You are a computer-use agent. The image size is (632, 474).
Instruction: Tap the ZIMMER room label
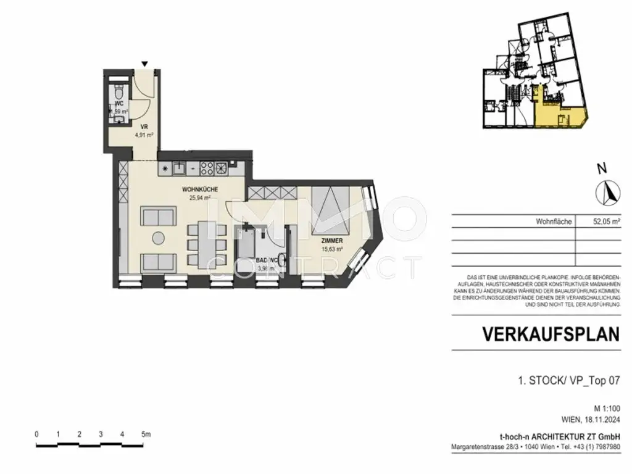(x=332, y=240)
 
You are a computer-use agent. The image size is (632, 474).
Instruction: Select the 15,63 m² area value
(x=332, y=249)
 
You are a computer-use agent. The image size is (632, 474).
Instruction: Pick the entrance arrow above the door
(x=144, y=64)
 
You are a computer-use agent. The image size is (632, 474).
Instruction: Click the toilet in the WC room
(x=119, y=93)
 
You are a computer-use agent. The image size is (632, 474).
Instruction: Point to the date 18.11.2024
(x=599, y=420)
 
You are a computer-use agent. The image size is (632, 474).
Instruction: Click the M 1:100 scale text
(x=606, y=409)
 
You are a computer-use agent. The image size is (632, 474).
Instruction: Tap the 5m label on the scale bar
(x=146, y=434)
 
